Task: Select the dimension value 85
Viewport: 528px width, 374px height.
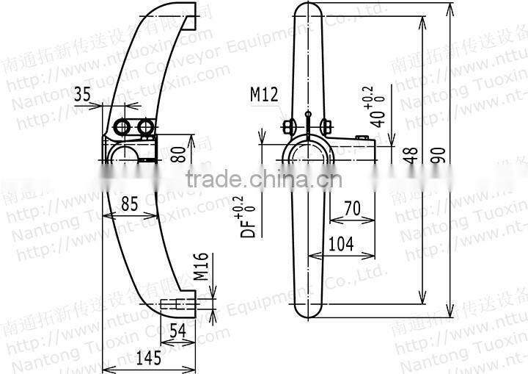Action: [x=129, y=204]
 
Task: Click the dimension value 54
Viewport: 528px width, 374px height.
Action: [x=177, y=330]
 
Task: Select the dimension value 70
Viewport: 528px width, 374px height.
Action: [x=351, y=209]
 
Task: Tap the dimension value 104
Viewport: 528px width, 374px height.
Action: [x=340, y=242]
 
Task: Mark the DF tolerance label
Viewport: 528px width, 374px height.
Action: [x=251, y=217]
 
